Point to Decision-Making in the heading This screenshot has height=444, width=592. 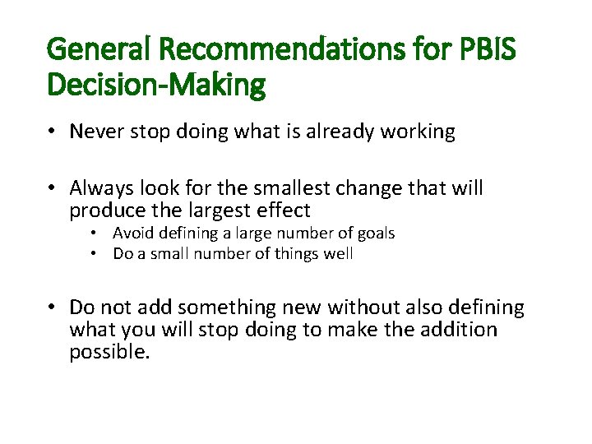click(x=156, y=85)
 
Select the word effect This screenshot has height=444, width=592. click(x=282, y=210)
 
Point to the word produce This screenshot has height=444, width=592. click(x=103, y=210)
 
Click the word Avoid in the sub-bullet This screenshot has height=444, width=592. click(x=132, y=234)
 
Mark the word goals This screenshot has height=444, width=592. click(x=375, y=234)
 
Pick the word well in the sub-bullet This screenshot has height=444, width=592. click(x=339, y=254)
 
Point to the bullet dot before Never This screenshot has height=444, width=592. click(x=52, y=132)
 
